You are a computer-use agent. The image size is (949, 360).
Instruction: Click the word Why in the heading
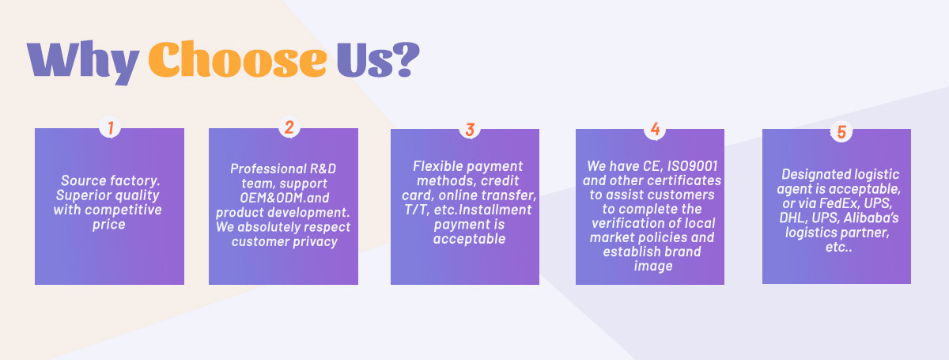(x=83, y=62)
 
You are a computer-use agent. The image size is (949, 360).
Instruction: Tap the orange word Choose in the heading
(x=238, y=59)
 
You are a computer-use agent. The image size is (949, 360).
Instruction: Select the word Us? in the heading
(x=378, y=59)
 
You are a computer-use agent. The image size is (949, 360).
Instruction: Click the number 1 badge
(x=110, y=127)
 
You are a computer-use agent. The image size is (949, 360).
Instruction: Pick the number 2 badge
(x=289, y=127)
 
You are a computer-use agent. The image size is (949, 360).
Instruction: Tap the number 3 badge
(x=470, y=129)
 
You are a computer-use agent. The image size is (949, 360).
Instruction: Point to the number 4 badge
(x=655, y=129)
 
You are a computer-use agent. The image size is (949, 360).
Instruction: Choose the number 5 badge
(x=841, y=131)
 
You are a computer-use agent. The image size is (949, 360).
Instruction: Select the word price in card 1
(x=109, y=225)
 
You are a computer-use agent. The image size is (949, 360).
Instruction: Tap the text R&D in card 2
(x=323, y=169)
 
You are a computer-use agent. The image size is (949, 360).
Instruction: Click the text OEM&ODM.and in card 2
(x=284, y=198)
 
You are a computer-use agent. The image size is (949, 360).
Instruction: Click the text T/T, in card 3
(x=417, y=210)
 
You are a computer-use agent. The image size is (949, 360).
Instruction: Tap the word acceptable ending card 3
(x=470, y=239)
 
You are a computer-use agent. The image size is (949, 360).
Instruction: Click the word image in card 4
(x=653, y=267)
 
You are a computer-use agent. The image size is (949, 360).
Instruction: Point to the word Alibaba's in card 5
(x=871, y=218)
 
